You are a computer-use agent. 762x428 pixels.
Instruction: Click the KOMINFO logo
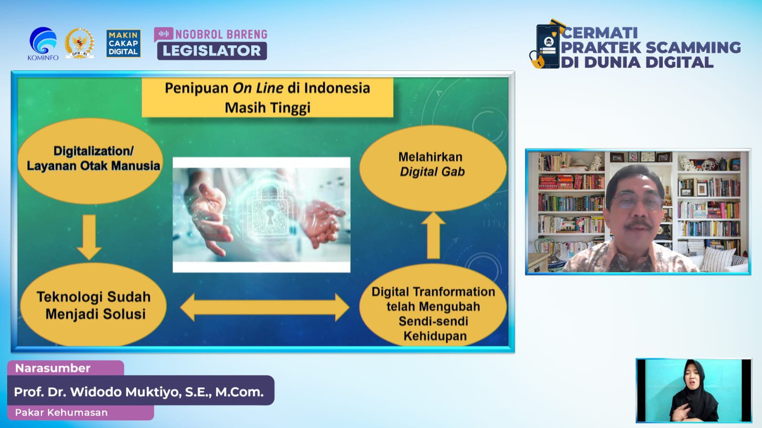click(x=43, y=43)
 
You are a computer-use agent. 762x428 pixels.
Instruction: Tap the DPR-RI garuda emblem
click(x=80, y=43)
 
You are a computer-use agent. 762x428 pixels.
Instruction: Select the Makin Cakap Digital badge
click(x=123, y=43)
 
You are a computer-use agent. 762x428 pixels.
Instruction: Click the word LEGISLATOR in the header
click(x=212, y=51)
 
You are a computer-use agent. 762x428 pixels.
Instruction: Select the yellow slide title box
click(x=267, y=98)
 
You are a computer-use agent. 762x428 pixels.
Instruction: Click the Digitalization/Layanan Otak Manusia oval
click(x=91, y=161)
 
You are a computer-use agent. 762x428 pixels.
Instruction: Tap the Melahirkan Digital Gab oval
click(x=433, y=168)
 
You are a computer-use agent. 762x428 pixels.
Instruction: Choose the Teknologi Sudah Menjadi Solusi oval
click(x=93, y=305)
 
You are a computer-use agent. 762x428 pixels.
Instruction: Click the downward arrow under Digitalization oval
click(x=89, y=237)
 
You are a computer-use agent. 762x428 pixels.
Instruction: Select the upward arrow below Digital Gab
click(x=433, y=235)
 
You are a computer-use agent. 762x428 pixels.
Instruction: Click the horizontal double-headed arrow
click(x=264, y=308)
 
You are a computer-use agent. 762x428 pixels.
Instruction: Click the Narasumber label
click(x=53, y=368)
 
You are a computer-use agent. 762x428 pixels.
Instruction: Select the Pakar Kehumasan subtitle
click(x=61, y=412)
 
